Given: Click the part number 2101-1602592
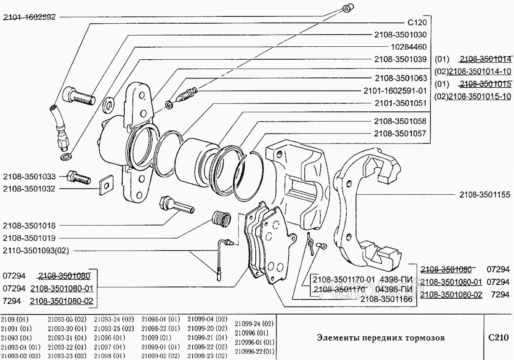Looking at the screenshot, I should coord(30,18).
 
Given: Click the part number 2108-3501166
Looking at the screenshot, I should coord(386,299).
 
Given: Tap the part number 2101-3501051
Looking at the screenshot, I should coord(400,103).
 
